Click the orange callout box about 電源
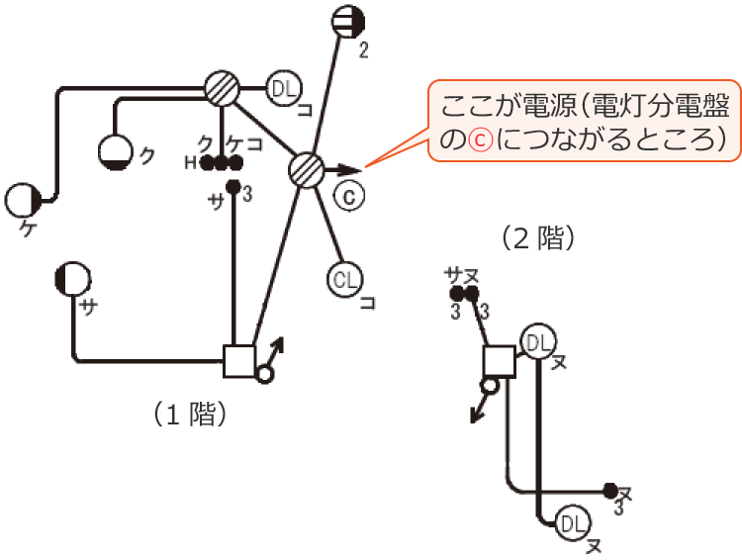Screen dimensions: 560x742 coord(585,121)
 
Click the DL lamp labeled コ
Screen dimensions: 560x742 coord(284,90)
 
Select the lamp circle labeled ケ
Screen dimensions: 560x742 coord(23,200)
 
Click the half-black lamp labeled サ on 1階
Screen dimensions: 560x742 coord(72,279)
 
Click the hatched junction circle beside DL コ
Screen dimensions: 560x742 coord(224,89)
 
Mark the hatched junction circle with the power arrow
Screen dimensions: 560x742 coord(307,170)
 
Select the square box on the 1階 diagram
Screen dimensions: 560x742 coord(240,360)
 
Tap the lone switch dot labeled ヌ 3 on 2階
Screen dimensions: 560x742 coord(610,490)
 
